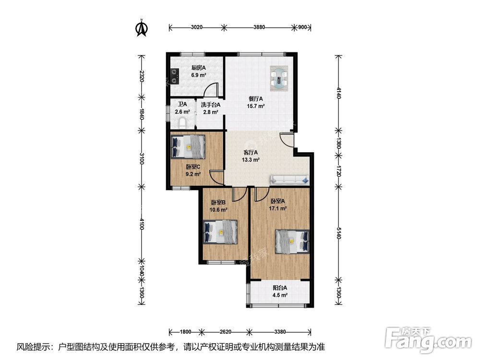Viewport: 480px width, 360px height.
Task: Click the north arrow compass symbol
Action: [x=142, y=28]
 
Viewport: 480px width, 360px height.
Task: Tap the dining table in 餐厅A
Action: [x=279, y=78]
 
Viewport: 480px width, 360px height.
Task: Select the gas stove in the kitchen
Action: [x=175, y=76]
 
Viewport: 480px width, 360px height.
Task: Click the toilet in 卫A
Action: [x=183, y=123]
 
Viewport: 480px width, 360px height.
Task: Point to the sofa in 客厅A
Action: [x=289, y=180]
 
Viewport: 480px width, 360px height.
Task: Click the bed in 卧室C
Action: [x=188, y=146]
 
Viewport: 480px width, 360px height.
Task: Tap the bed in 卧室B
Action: [x=220, y=232]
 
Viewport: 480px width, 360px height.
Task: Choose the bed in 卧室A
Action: [x=292, y=241]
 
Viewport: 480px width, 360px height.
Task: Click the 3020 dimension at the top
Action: [x=196, y=27]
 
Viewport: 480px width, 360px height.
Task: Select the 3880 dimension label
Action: [x=259, y=27]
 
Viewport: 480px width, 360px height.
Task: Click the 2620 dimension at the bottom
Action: [x=225, y=332]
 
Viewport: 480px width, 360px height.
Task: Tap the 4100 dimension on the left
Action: [x=141, y=224]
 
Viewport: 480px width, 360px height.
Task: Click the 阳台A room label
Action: [x=280, y=288]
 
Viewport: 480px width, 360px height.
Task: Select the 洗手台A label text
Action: [x=211, y=105]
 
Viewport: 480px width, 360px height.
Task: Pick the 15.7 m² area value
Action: [x=256, y=106]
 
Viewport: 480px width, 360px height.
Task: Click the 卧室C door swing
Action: [x=216, y=178]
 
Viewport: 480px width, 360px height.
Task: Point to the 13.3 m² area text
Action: [x=251, y=160]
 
